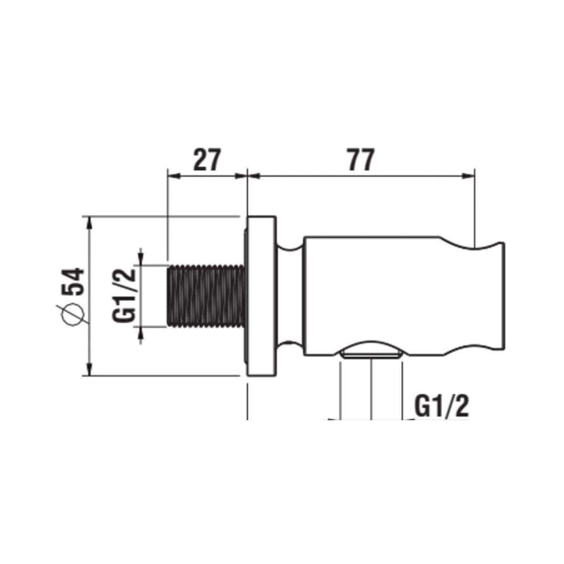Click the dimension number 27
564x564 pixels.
tap(206, 160)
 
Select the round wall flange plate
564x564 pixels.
tap(261, 296)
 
